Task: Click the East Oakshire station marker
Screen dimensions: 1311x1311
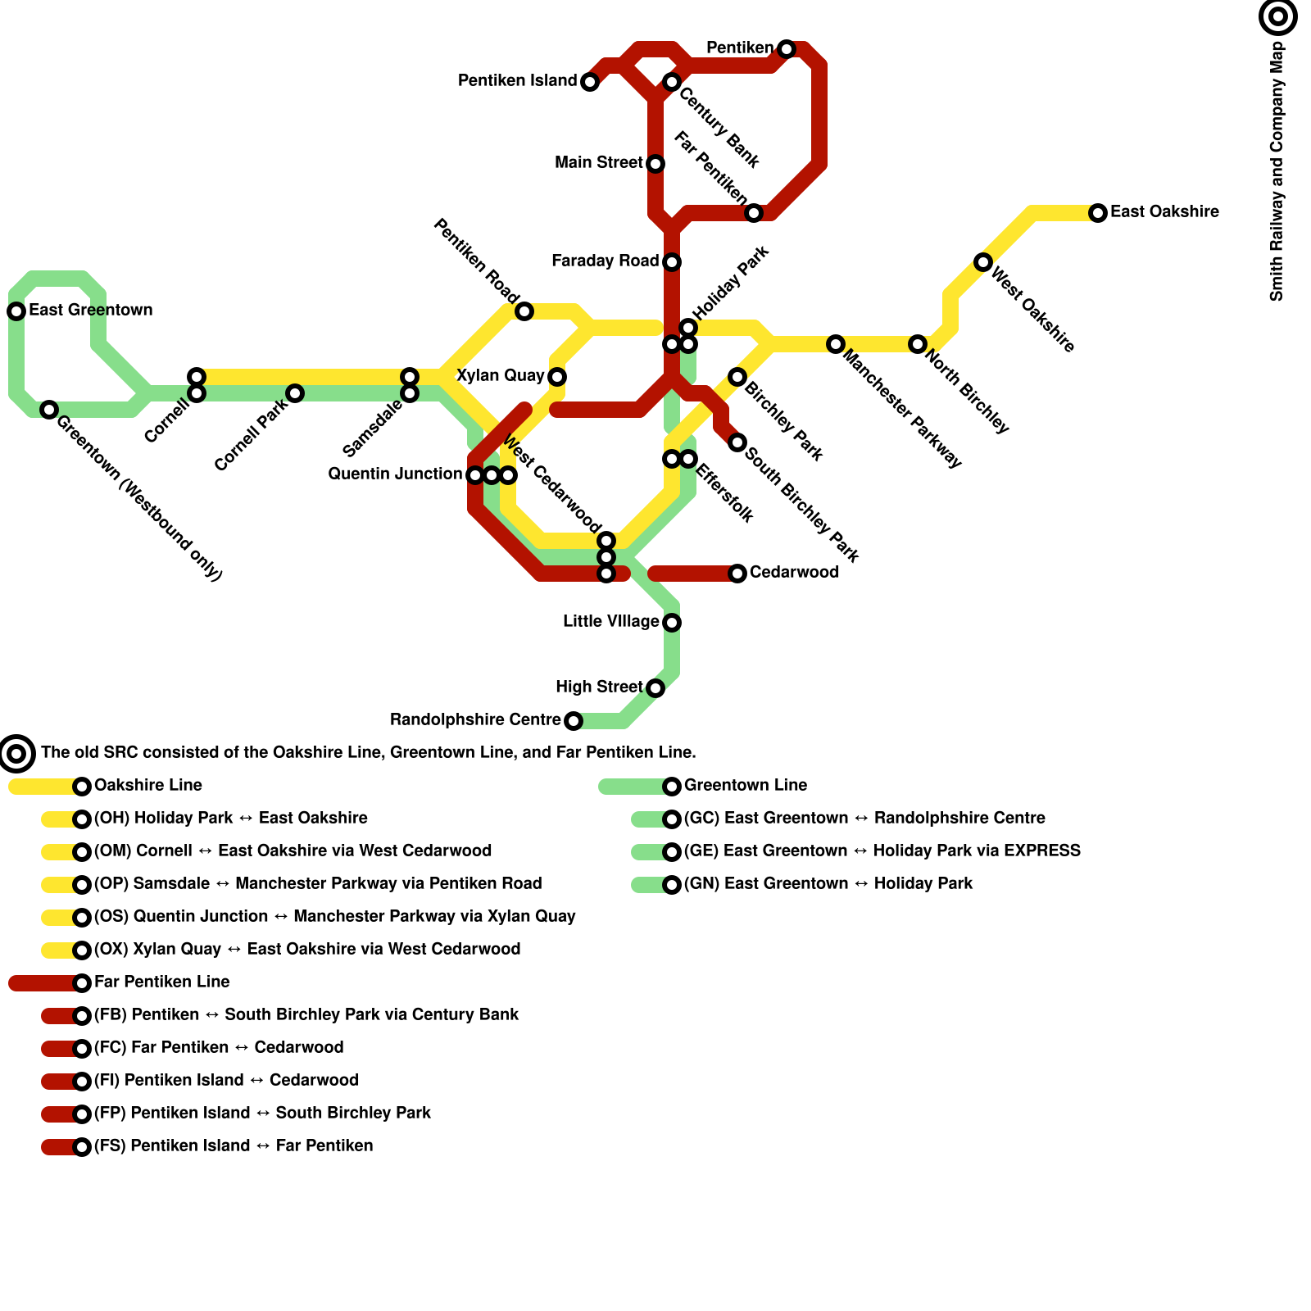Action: point(1098,213)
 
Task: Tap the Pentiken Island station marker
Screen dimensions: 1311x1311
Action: point(590,82)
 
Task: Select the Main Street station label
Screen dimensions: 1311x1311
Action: point(598,163)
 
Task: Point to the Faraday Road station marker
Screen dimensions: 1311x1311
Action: point(672,262)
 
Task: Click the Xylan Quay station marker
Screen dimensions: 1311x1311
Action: point(557,377)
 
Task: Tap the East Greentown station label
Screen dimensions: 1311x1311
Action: point(90,311)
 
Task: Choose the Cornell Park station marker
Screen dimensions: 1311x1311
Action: point(295,393)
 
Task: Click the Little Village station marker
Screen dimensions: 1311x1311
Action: point(672,623)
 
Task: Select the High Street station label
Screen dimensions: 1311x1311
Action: point(598,687)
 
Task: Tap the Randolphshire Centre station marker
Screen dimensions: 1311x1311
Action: point(574,721)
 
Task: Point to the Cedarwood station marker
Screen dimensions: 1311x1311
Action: point(737,574)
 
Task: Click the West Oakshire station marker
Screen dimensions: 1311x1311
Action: point(983,262)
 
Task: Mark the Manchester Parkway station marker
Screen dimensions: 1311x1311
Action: point(835,344)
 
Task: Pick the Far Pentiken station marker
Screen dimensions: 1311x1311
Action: point(754,213)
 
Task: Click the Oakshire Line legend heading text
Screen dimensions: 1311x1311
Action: point(147,785)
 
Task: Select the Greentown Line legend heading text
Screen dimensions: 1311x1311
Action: point(745,785)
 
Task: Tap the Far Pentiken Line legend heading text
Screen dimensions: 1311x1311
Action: point(161,982)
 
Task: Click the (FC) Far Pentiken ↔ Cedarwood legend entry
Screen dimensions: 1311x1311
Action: point(218,1047)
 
